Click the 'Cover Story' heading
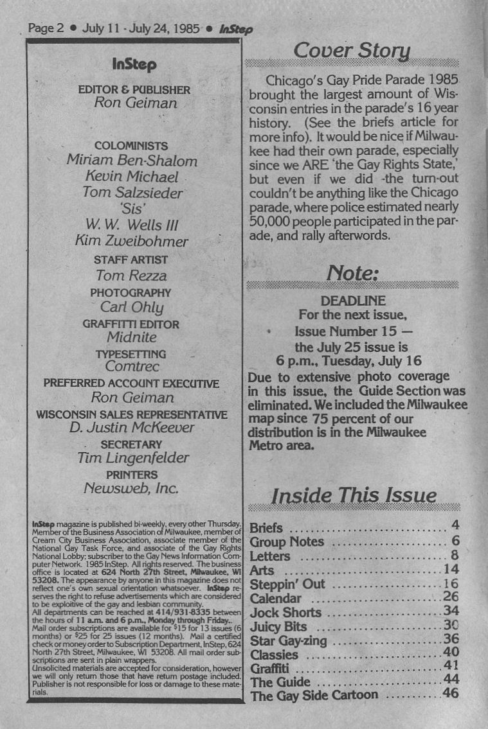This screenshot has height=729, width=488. click(351, 51)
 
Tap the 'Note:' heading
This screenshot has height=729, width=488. click(351, 272)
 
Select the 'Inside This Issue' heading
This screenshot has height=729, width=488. click(354, 496)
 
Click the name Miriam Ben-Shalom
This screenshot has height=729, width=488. click(132, 161)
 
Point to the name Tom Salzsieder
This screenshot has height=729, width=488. click(132, 192)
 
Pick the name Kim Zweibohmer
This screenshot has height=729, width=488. click(132, 241)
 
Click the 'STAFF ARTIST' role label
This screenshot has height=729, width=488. click(131, 260)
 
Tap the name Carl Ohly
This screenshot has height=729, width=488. click(132, 307)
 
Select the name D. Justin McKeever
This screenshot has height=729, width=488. click(132, 427)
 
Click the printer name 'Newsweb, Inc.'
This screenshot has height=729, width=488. click(132, 489)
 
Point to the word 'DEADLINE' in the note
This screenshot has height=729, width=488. click(353, 301)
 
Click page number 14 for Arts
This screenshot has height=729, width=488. click(449, 570)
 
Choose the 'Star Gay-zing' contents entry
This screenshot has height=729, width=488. click(288, 640)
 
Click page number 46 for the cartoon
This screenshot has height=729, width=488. click(451, 694)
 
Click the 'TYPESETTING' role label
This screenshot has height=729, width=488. click(131, 354)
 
